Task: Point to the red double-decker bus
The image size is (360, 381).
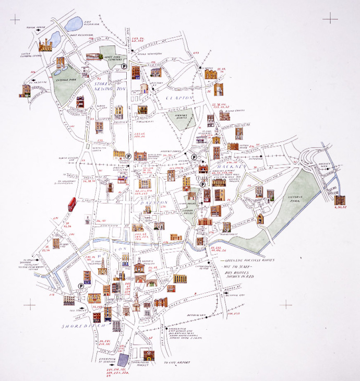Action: (x=71, y=203)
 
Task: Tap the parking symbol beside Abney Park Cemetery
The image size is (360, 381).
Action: (x=124, y=66)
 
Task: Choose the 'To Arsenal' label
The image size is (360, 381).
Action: (x=36, y=82)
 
